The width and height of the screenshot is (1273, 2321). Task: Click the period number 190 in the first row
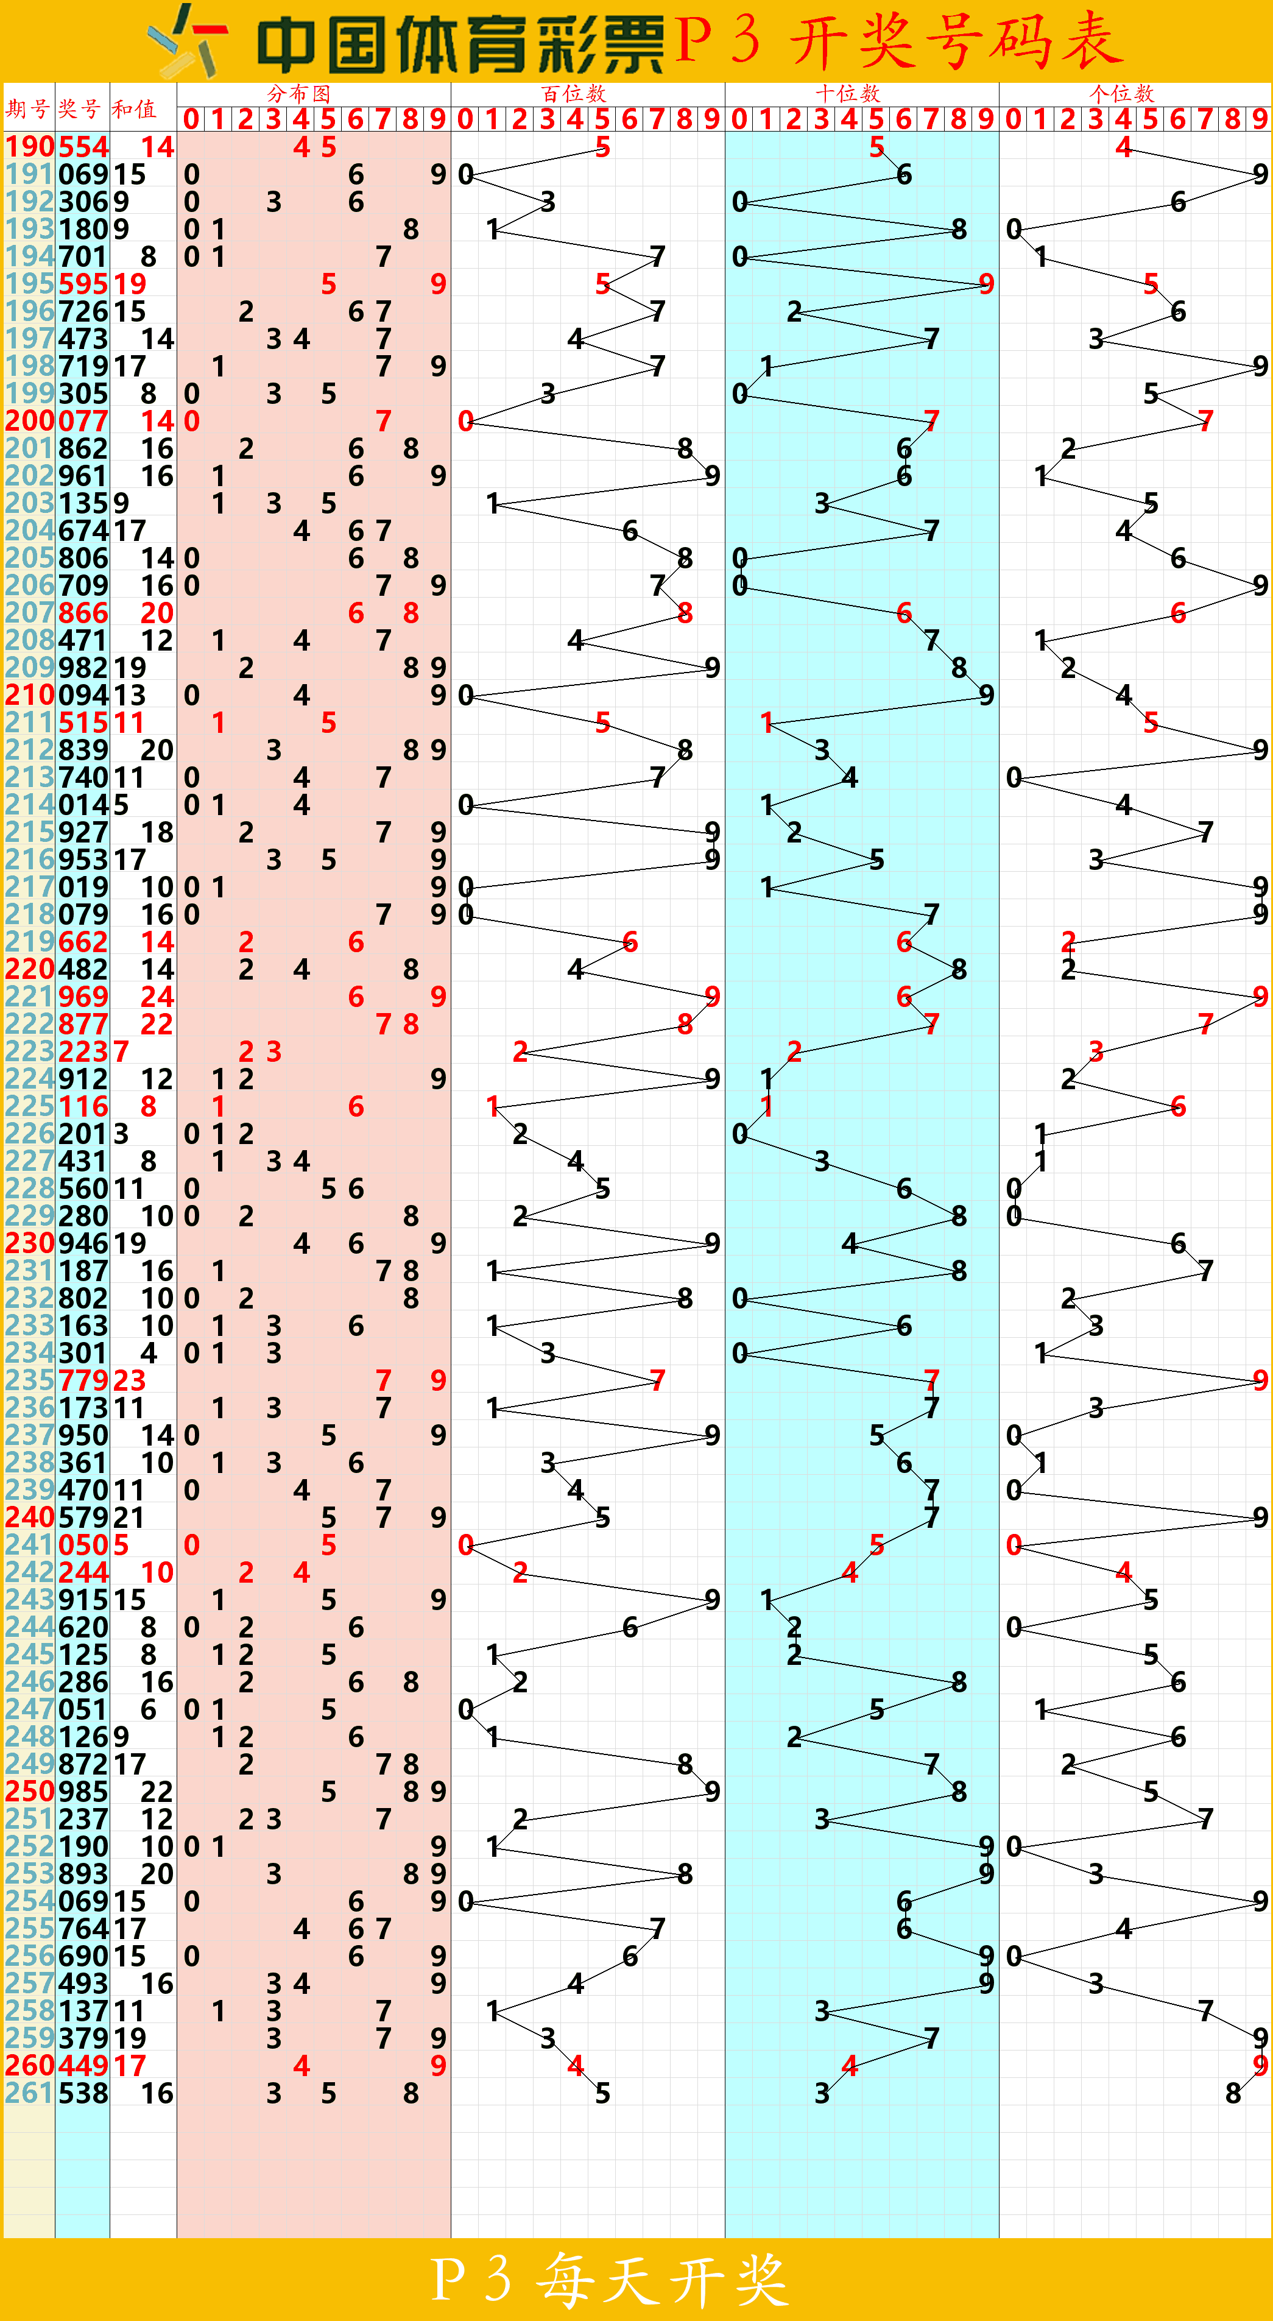coord(30,146)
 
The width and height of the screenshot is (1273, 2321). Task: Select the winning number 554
coord(83,146)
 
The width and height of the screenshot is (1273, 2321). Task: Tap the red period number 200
coord(30,421)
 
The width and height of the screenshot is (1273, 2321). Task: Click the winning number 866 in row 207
coord(83,613)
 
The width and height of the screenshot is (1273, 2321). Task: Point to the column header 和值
coord(134,109)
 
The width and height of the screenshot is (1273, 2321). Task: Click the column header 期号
coord(27,109)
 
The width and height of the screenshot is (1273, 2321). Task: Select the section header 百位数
coord(574,93)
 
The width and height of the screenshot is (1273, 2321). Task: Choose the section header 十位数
coord(848,93)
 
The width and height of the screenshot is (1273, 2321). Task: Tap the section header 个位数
coord(1122,93)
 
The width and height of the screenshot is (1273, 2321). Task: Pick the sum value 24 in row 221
coord(157,997)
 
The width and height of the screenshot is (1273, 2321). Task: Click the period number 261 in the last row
coord(30,2092)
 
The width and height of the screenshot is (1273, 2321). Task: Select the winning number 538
coord(83,2092)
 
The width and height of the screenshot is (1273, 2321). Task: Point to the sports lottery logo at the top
coord(188,41)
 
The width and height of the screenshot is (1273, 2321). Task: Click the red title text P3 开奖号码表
coord(899,41)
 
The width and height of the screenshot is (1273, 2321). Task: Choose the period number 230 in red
coord(30,1243)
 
